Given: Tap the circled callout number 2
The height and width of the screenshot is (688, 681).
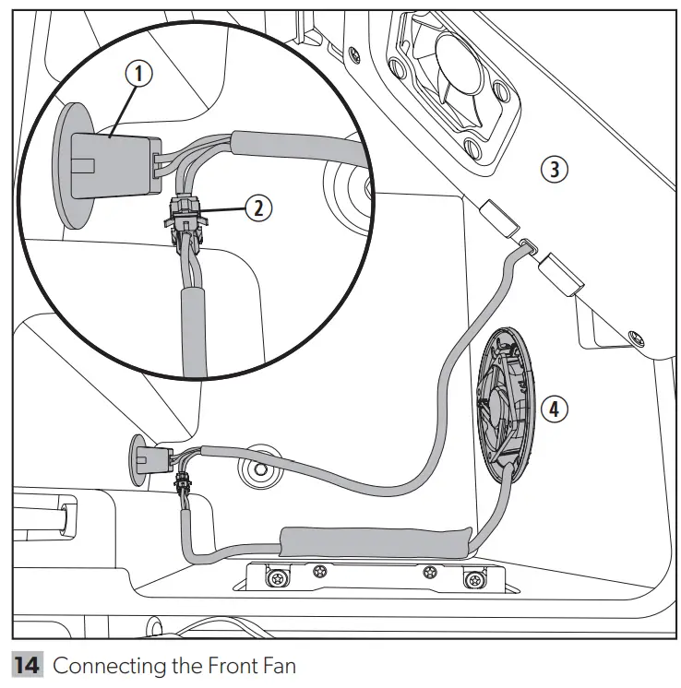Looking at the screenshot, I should [258, 208].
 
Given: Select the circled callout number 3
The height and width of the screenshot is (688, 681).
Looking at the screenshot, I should [553, 169].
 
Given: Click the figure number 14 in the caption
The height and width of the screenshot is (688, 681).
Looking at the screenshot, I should [28, 667].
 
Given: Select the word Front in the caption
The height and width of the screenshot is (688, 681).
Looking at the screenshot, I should [231, 667].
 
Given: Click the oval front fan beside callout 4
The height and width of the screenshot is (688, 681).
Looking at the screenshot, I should [503, 406].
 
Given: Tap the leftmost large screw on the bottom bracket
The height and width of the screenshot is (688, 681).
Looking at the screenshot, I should [275, 579].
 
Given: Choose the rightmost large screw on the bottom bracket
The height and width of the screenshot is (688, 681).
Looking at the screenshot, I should [473, 580].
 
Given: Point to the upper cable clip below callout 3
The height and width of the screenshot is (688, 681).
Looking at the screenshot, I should [498, 220].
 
